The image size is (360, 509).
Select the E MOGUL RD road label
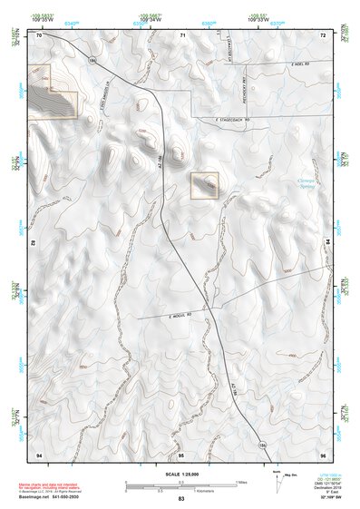coord(182,315)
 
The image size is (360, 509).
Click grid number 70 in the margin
coord(39,34)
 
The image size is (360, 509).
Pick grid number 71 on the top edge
coord(182,34)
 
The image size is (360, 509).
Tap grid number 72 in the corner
coord(323,34)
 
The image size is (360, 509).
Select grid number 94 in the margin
coord(39,453)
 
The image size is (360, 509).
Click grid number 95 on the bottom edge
coord(181,453)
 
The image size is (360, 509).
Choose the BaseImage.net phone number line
coord(51,497)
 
